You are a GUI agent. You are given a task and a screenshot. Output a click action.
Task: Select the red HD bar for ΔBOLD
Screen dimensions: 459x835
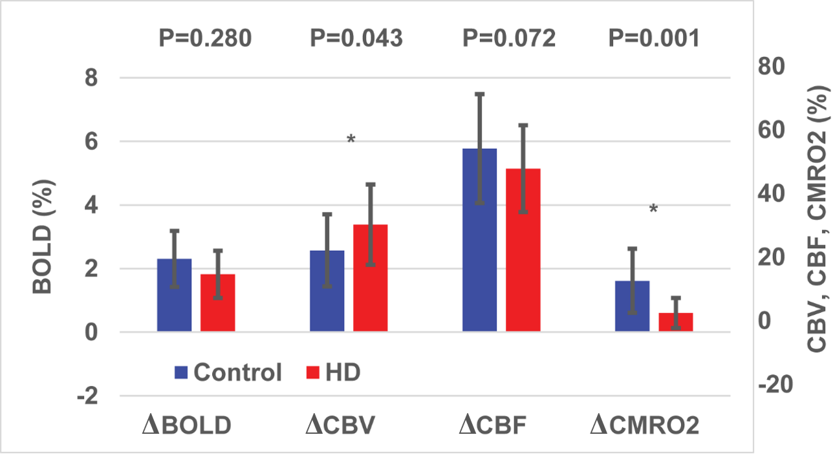point(218,303)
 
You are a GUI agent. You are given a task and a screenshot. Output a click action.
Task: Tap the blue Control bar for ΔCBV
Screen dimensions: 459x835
point(327,291)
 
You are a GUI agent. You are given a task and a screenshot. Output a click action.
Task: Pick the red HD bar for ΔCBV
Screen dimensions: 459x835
point(371,278)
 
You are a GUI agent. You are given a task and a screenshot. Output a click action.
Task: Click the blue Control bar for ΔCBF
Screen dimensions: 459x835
point(480,240)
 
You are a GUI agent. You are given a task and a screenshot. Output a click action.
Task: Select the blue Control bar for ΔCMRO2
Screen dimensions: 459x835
point(632,306)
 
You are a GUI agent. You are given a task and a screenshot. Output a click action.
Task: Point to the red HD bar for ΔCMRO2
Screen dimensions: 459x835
point(676,322)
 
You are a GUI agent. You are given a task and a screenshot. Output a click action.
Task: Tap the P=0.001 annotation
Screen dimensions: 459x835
point(654,39)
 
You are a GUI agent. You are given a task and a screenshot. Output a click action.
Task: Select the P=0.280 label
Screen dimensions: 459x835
point(205,39)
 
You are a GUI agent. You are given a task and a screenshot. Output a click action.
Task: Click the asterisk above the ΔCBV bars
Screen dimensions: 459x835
point(351,140)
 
